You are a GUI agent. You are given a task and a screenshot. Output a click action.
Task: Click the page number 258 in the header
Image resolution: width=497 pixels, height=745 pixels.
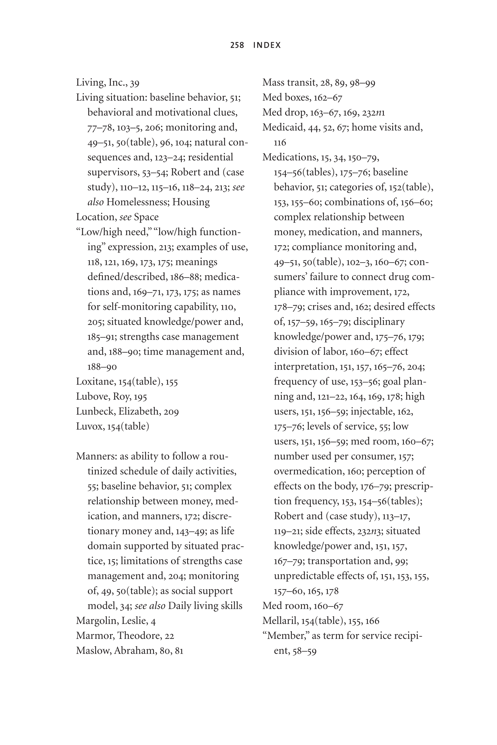pyautogui.click(x=237, y=45)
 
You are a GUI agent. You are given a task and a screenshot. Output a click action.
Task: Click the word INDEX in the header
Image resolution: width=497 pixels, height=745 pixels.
pyautogui.click(x=267, y=45)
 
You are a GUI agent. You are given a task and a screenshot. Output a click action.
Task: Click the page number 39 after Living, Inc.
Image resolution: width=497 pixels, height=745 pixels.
pyautogui.click(x=135, y=83)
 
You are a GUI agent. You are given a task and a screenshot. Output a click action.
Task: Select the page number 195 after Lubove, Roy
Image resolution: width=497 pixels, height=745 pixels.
pyautogui.click(x=140, y=397)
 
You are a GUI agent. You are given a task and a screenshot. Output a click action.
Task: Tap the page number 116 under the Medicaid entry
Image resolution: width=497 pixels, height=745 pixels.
pyautogui.click(x=280, y=143)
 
